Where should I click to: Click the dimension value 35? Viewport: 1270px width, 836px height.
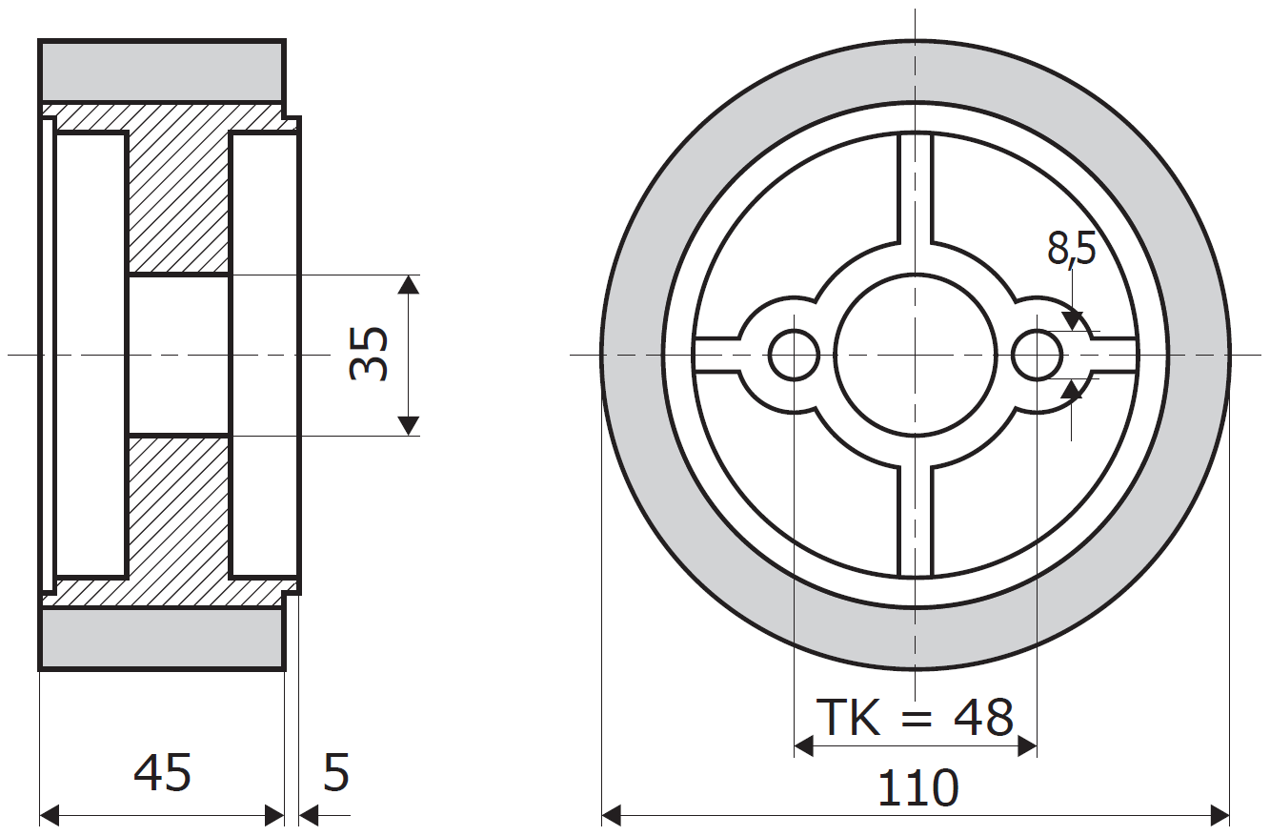pos(370,354)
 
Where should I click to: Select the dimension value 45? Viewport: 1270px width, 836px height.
pos(163,772)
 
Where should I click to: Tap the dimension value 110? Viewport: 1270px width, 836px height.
pos(917,788)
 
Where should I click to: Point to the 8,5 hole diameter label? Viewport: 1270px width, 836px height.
pos(1072,249)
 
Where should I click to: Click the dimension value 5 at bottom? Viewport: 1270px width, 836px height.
pos(336,772)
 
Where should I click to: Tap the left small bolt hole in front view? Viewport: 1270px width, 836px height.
pos(794,355)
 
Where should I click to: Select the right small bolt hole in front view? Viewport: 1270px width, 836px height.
pos(1038,355)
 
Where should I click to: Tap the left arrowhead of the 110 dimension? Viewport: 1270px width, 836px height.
pos(612,815)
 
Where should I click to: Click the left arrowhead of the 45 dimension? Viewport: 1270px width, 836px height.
pos(50,815)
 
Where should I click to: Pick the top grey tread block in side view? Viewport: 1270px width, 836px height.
pos(162,71)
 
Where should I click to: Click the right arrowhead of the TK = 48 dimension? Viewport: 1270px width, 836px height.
pos(1027,745)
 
